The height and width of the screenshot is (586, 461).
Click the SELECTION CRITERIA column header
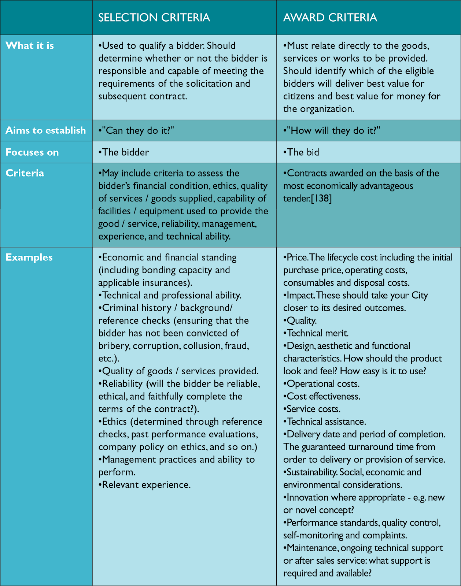click(154, 18)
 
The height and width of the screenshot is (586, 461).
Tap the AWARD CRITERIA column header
click(330, 18)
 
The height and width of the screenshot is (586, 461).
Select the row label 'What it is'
click(30, 46)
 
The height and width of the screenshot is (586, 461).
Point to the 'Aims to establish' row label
click(46, 130)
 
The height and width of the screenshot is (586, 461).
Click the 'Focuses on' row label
click(32, 152)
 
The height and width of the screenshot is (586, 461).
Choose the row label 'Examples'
click(29, 257)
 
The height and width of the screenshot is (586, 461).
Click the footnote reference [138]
click(321, 199)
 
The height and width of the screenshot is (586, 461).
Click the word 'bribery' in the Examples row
click(114, 346)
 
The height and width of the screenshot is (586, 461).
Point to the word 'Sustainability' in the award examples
click(311, 472)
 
